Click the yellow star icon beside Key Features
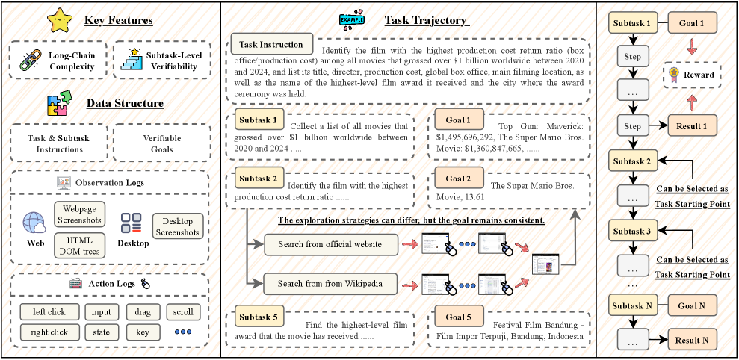tap(60, 21)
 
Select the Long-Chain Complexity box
tap(56, 60)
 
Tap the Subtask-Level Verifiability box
tap(162, 60)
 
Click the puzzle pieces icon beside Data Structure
tap(61, 104)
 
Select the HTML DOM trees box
tap(80, 244)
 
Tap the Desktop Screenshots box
tap(177, 226)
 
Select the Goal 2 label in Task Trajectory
tap(458, 180)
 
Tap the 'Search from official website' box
tap(330, 244)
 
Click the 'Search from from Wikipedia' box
tap(330, 285)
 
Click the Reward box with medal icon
tap(692, 75)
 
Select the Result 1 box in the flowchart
tap(692, 127)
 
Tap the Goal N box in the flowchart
tap(692, 305)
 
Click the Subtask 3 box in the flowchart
tap(632, 232)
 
